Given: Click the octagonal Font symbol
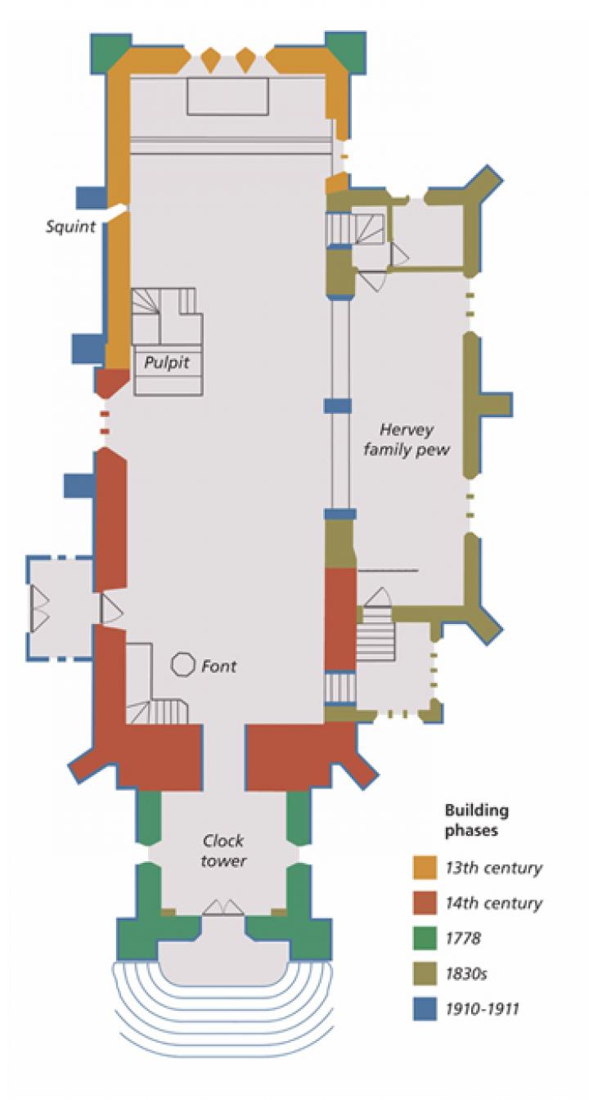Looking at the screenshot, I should pos(182,665).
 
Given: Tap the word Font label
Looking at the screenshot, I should pos(219,667).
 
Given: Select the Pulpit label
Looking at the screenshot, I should pos(167,362).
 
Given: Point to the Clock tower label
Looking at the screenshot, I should pos(223,851).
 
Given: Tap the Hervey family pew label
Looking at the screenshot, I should pos(406,439).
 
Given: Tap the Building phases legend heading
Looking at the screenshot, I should pos(476,819).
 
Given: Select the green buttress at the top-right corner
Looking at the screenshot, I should pos(344,52).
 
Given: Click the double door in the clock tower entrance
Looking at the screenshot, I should pos(223,908).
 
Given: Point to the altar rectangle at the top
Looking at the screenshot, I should pos(228,97).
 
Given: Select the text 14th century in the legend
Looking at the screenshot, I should pos(493,903).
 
